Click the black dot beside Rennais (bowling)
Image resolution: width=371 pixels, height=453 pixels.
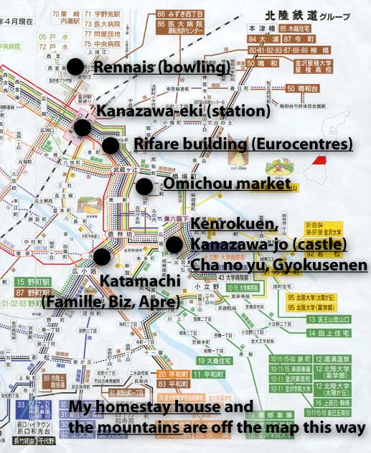(75, 67)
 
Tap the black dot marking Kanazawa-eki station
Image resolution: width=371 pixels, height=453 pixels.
(82, 128)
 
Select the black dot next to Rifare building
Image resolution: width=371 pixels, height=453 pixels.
(111, 145)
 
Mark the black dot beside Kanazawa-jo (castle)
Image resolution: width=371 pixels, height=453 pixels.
(174, 244)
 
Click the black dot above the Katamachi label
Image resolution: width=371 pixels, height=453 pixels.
(101, 256)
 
